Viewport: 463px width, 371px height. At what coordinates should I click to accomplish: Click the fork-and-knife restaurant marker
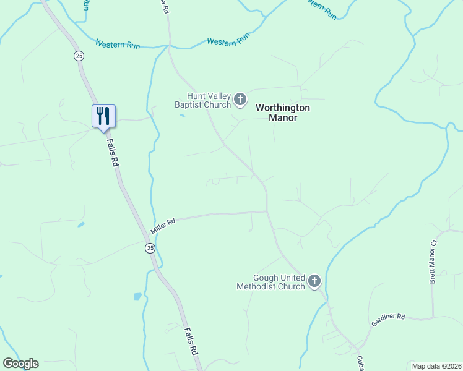pos(103,116)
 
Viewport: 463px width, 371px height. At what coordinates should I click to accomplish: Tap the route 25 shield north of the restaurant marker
pos(79,56)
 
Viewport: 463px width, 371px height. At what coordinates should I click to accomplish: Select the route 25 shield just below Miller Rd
pos(150,248)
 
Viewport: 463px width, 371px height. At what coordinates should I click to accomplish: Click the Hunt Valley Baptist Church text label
pos(209,100)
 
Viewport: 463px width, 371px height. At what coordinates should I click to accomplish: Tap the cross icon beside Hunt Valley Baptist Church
pos(240,99)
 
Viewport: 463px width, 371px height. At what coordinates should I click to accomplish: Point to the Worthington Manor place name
pos(283,113)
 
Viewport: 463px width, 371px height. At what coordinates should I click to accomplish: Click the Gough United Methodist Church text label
pos(270,282)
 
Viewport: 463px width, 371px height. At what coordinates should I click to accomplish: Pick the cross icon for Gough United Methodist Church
pos(314,282)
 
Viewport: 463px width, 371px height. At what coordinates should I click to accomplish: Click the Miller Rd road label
pos(163,225)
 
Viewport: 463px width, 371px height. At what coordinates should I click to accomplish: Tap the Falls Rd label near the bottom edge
pos(191,341)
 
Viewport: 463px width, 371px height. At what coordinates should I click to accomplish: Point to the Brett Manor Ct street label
pos(433,262)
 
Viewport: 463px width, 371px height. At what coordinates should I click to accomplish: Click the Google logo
pos(20,364)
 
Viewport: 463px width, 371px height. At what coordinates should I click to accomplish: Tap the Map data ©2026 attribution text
pos(436,366)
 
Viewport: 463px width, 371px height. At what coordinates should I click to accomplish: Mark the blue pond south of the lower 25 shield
pos(137,297)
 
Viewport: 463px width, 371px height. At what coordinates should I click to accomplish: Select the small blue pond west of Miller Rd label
pos(81,224)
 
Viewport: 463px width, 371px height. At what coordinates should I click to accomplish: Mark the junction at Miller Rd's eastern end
pos(267,211)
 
